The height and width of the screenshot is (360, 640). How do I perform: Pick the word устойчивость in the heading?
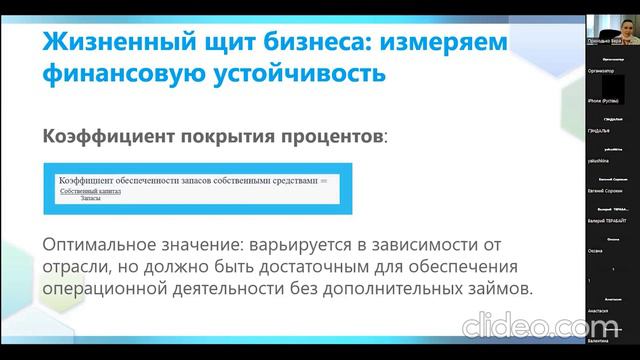click(288, 76)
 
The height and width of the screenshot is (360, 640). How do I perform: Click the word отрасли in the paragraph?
click(75, 267)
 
